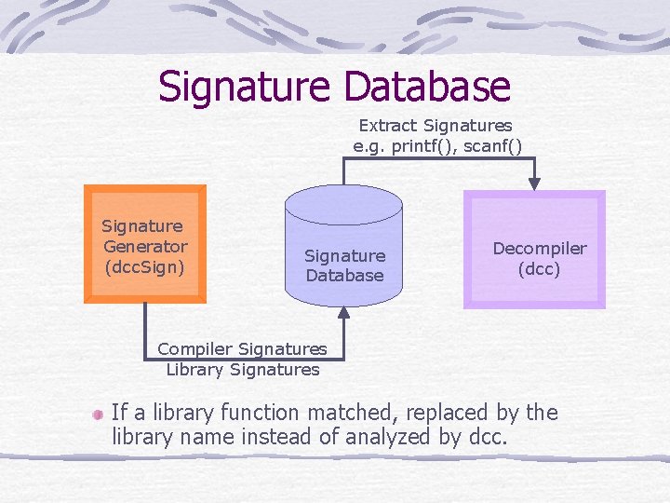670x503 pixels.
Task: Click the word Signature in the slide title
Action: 245,87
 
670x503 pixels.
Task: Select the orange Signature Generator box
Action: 145,245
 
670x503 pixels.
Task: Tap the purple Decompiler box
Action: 535,249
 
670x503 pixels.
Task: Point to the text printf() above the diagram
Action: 419,145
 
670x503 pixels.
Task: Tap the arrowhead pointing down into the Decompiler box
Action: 534,184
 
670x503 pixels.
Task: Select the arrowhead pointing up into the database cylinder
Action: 343,314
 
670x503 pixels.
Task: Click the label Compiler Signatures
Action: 242,349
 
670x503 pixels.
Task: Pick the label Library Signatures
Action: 242,370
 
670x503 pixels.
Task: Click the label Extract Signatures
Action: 435,125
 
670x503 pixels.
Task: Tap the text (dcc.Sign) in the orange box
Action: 144,266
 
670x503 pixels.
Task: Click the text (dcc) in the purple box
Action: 539,269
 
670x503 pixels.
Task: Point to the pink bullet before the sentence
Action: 97,413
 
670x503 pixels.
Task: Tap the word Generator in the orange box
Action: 145,247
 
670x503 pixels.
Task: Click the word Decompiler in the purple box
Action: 540,249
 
